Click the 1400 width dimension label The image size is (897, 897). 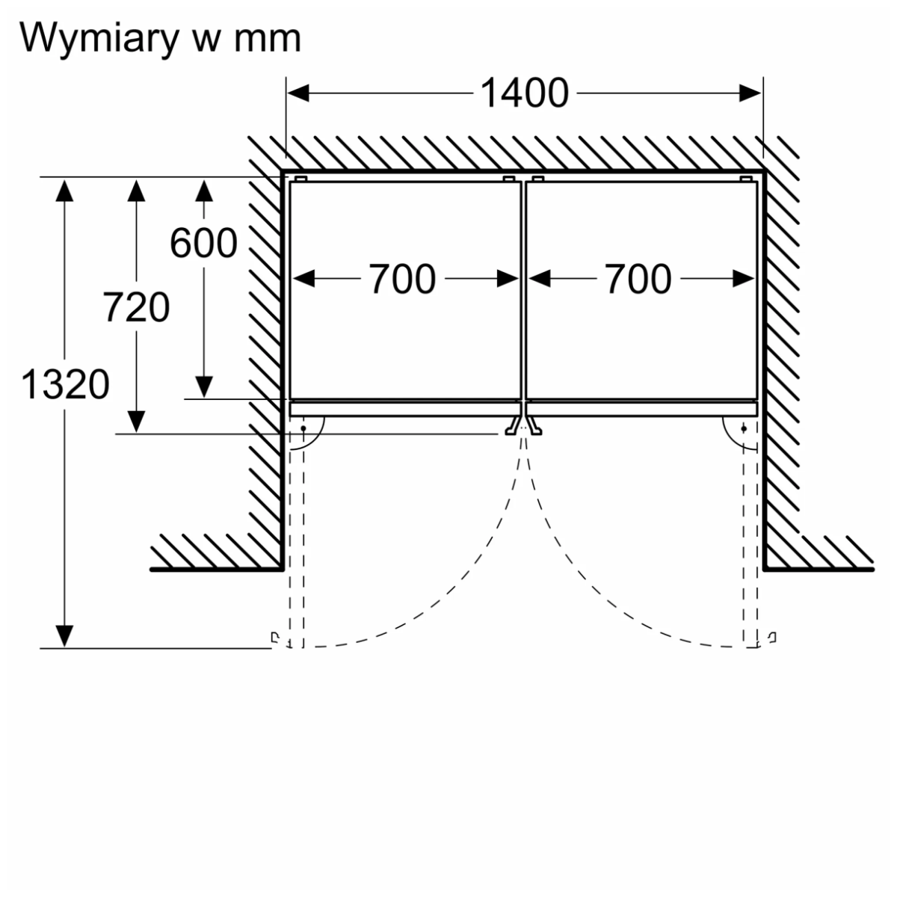click(x=524, y=94)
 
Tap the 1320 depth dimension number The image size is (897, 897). click(x=66, y=385)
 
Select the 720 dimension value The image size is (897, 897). click(x=136, y=308)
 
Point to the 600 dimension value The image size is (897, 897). click(x=203, y=243)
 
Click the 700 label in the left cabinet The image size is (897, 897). click(x=402, y=280)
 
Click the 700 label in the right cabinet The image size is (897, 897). click(x=638, y=280)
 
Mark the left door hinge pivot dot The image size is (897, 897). click(x=303, y=428)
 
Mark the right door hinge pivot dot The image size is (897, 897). click(x=745, y=428)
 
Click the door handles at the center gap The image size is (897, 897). click(x=523, y=426)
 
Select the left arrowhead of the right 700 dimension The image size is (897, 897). click(x=539, y=280)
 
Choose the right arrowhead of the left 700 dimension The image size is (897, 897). click(x=508, y=280)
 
